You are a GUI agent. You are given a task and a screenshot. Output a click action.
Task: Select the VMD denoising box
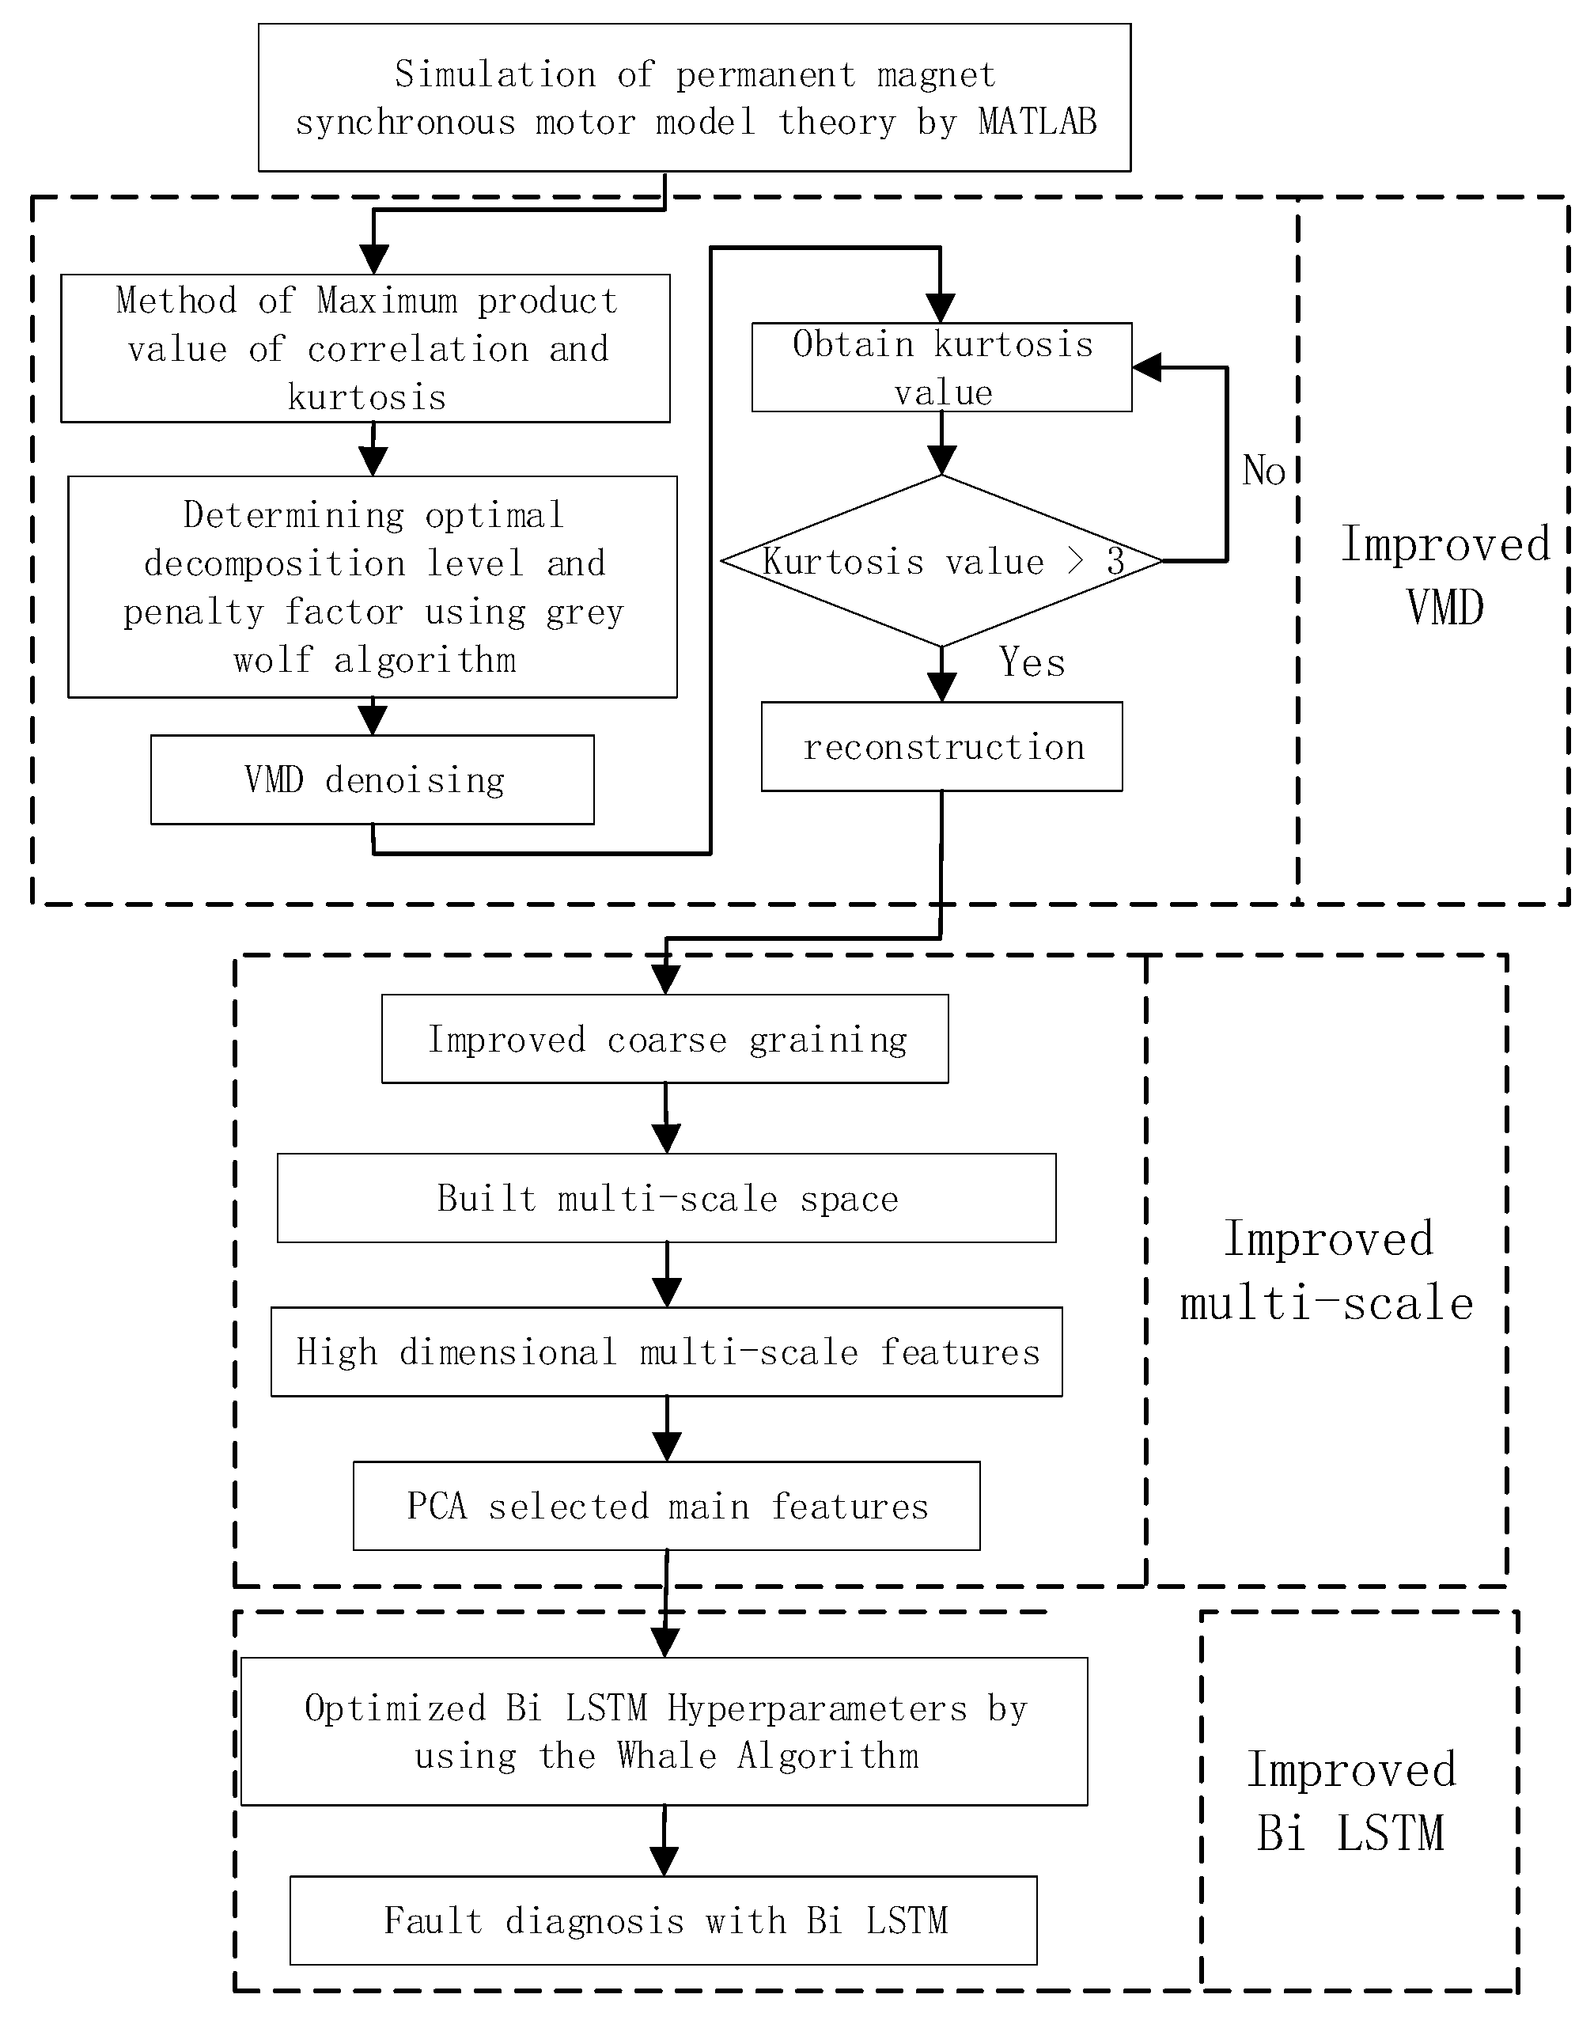373,779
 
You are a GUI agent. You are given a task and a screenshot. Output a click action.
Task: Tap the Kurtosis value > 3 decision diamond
941,562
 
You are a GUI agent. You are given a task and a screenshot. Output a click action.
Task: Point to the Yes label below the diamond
1032,662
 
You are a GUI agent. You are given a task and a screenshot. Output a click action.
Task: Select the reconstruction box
941,747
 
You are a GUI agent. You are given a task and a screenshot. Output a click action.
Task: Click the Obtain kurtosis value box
941,368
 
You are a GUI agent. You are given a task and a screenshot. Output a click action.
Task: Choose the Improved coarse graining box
665,1039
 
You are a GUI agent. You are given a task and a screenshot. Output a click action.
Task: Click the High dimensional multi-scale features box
666,1352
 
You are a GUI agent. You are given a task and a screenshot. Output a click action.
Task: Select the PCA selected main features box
666,1506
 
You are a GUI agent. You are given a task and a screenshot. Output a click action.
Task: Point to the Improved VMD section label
1444,575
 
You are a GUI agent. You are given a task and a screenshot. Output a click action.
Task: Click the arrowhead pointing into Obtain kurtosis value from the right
1148,368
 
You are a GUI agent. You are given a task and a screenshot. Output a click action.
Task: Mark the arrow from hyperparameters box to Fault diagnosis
664,1841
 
